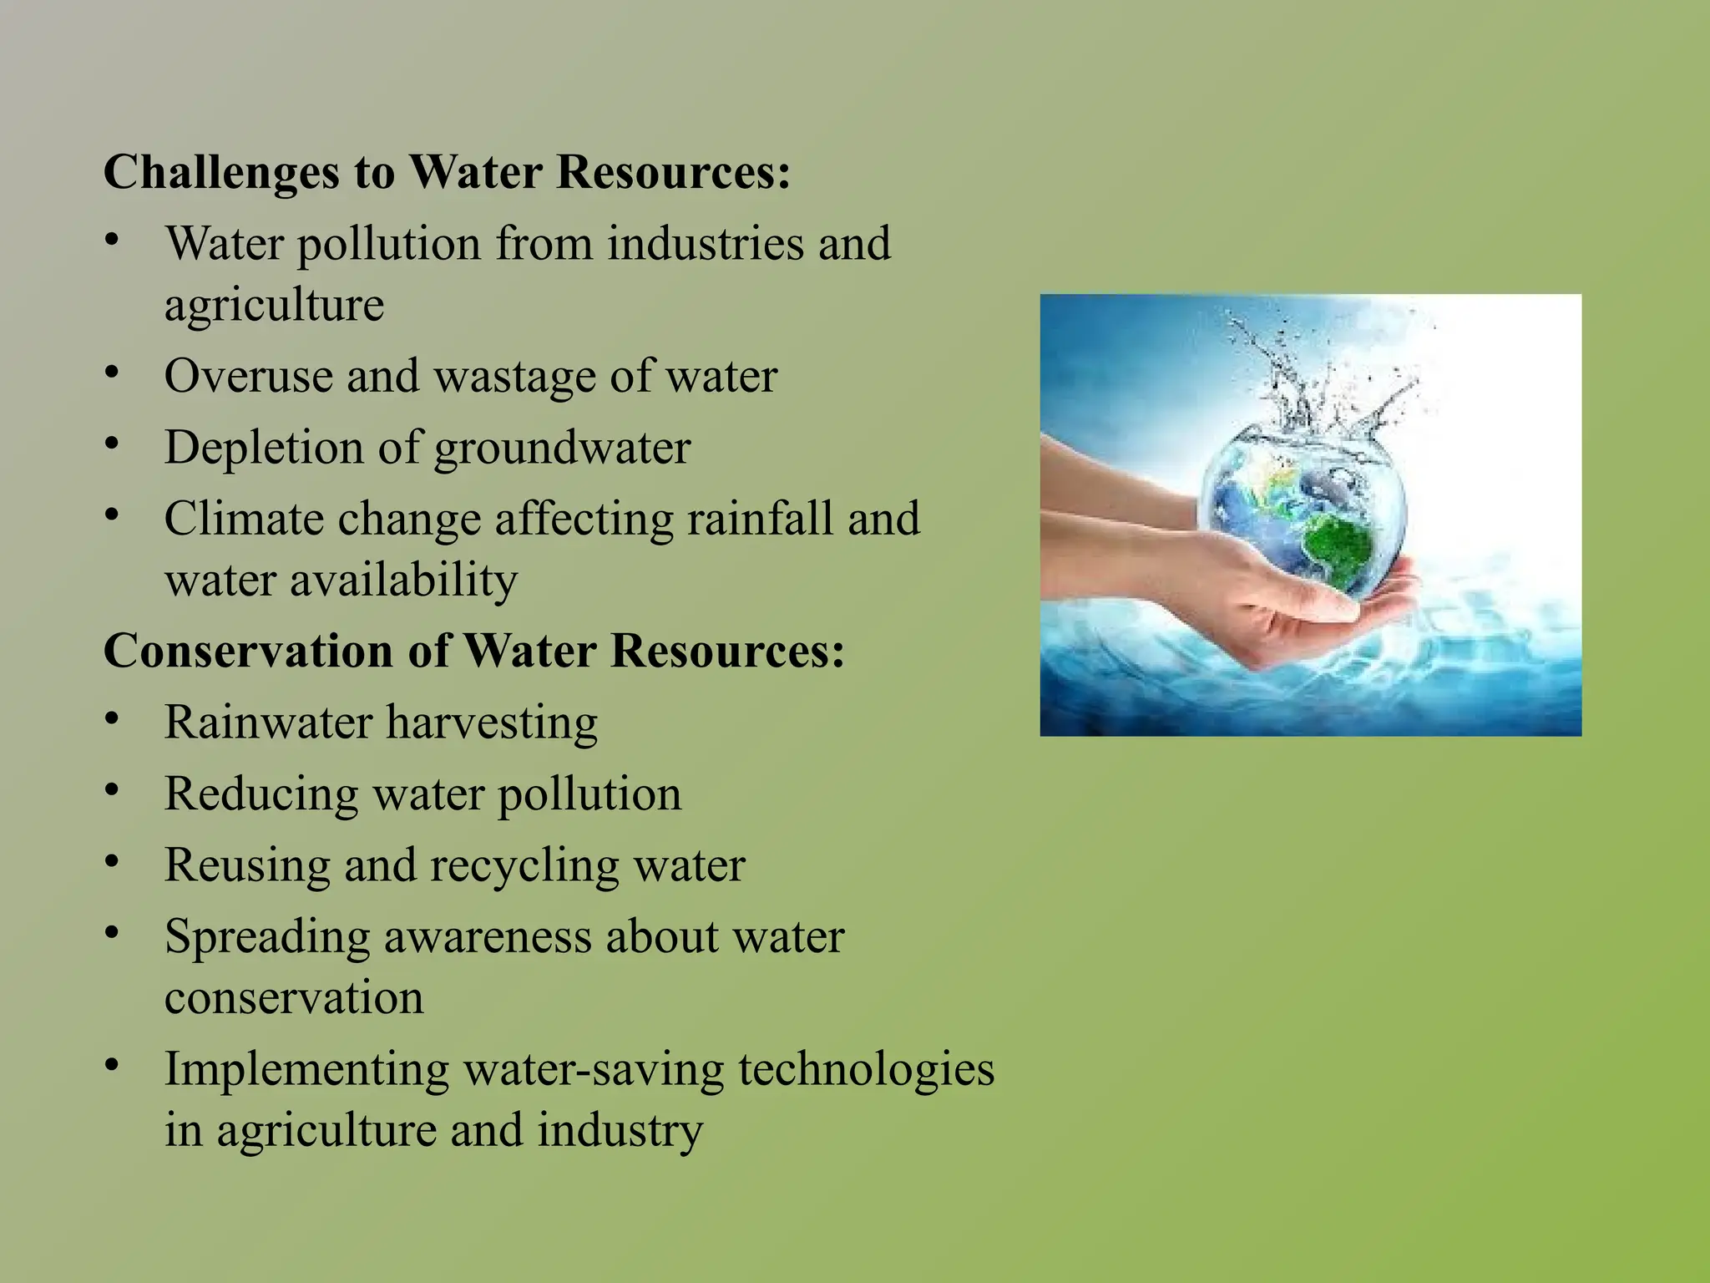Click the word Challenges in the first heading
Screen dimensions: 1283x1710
pyautogui.click(x=221, y=173)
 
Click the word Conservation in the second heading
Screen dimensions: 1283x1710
pyautogui.click(x=247, y=651)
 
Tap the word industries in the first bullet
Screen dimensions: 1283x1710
pyautogui.click(x=704, y=244)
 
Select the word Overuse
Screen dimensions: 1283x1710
pyautogui.click(x=246, y=376)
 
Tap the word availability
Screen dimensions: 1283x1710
pyautogui.click(x=403, y=580)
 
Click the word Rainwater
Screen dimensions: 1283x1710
pyautogui.click(x=267, y=722)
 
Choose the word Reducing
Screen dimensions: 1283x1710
pyautogui.click(x=261, y=794)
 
